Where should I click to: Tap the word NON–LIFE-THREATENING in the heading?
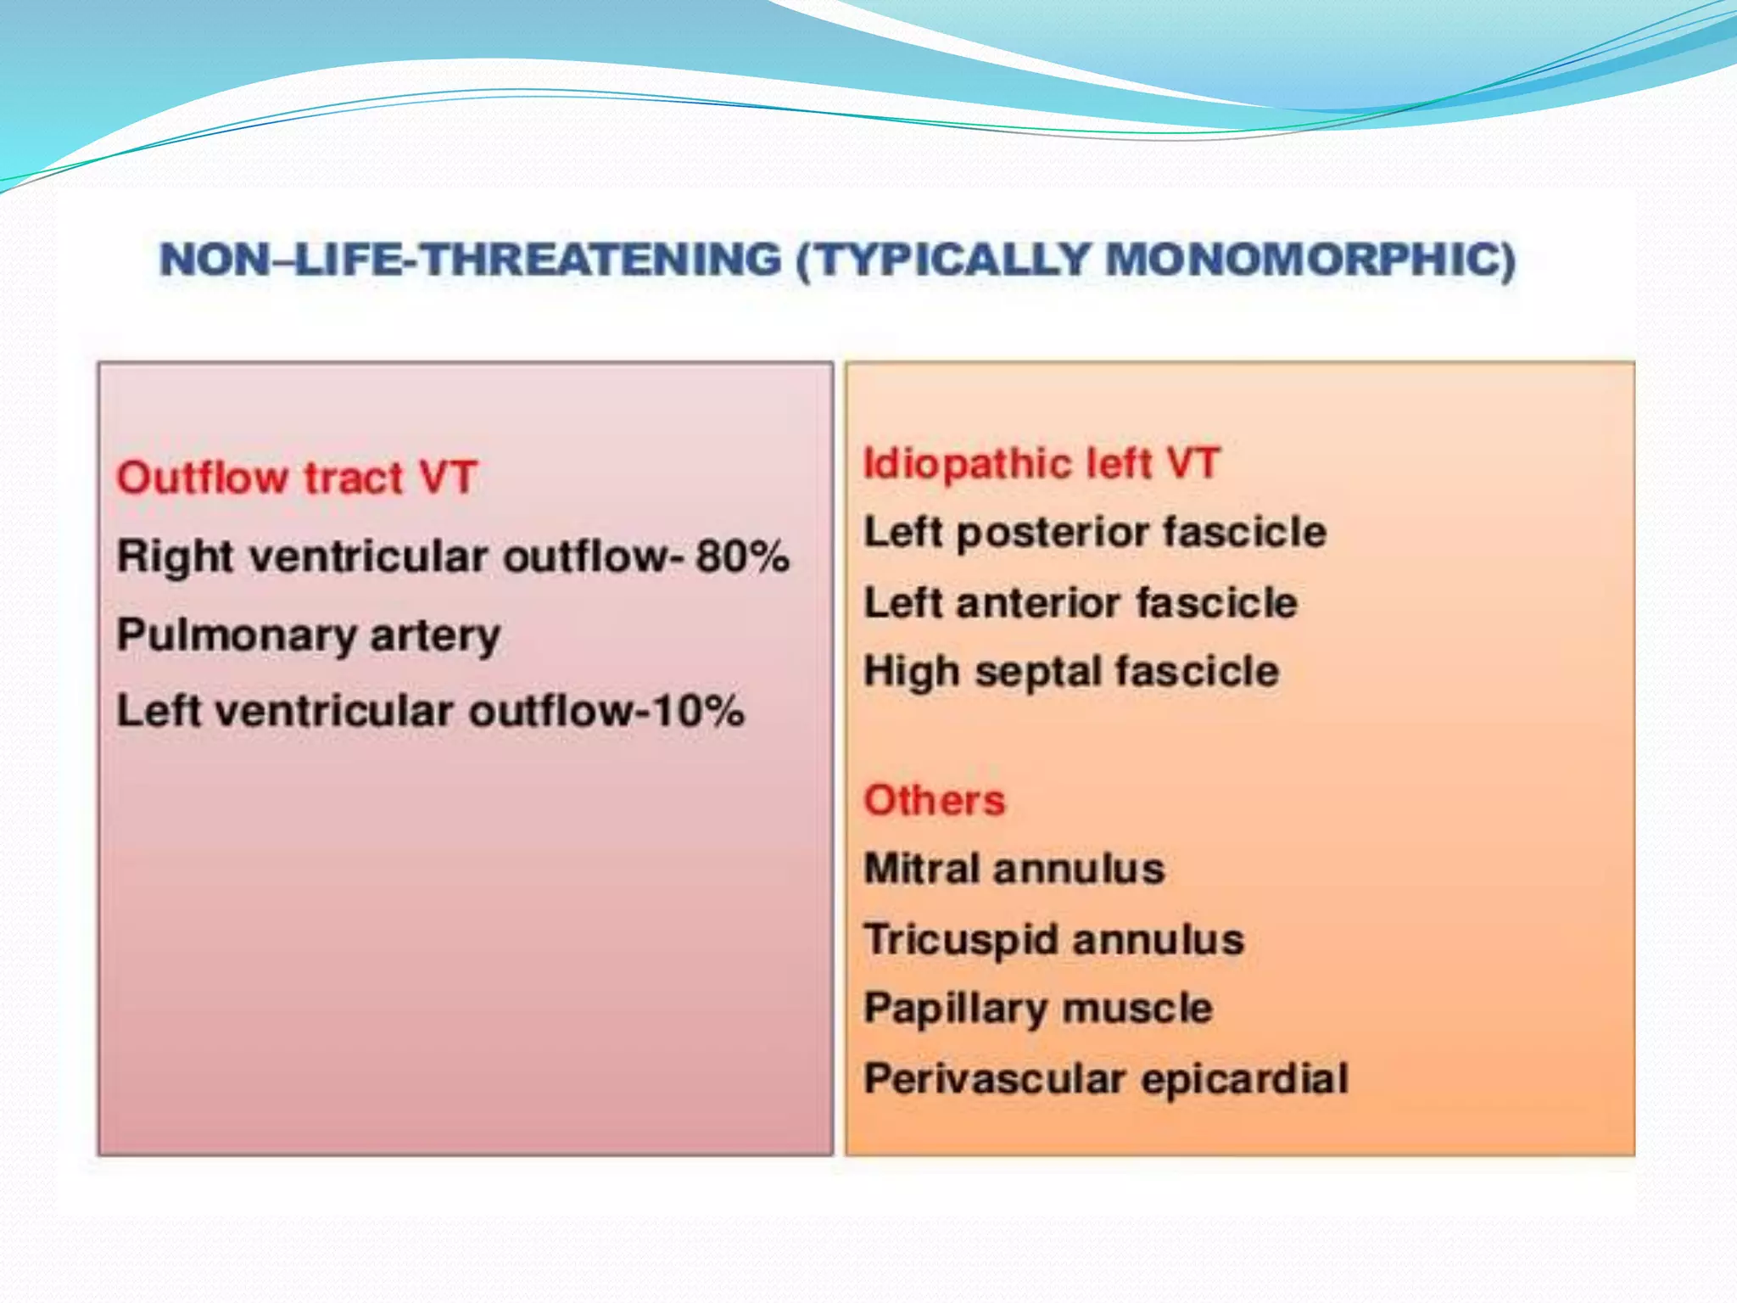pos(471,260)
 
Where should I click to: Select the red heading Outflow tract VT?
pos(297,478)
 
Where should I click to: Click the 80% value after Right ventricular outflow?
pos(743,557)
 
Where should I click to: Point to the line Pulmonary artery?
pos(309,635)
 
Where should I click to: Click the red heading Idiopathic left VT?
pos(1041,464)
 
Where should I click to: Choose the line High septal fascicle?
pos(1070,672)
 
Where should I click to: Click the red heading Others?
pos(934,800)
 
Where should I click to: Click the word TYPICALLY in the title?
pos(941,260)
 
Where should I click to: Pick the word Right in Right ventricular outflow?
pos(175,558)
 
